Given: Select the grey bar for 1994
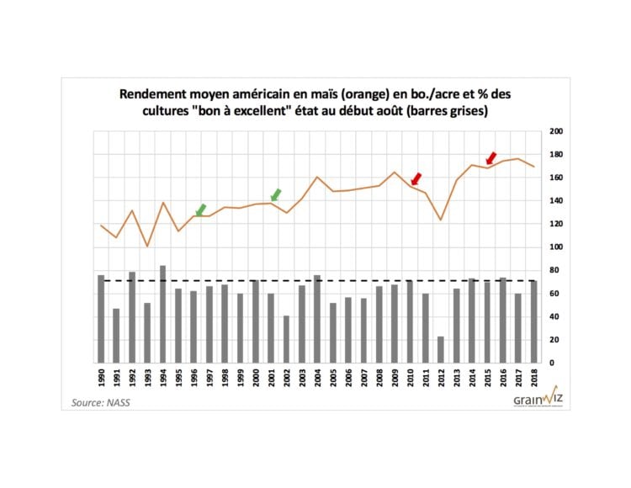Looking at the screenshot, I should pyautogui.click(x=162, y=314).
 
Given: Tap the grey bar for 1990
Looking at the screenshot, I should pyautogui.click(x=100, y=319).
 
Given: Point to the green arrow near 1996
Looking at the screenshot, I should pyautogui.click(x=200, y=210).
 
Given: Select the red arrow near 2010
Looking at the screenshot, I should pyautogui.click(x=416, y=178).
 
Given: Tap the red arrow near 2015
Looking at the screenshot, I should pyautogui.click(x=491, y=157).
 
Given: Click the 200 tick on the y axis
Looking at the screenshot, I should pyautogui.click(x=554, y=131).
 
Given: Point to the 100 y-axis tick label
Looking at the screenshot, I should pyautogui.click(x=554, y=247).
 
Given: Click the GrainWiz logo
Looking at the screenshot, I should pyautogui.click(x=535, y=397).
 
